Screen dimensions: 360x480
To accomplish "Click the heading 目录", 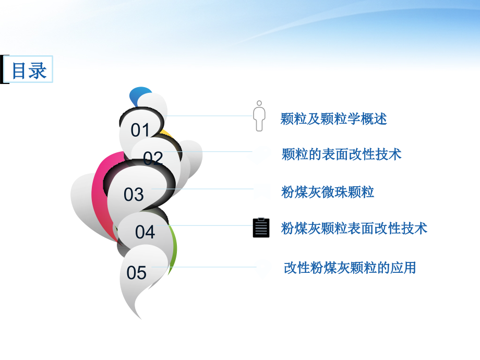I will (x=29, y=70).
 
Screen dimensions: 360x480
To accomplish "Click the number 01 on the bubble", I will (x=140, y=130).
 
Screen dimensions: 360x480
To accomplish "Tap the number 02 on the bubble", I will (x=153, y=158).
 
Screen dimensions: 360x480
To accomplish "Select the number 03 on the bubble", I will (x=134, y=195).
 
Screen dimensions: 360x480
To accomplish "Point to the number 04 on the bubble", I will (x=145, y=232).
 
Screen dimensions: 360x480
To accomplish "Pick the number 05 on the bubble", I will (x=137, y=272).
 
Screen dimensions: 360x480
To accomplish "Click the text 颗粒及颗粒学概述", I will (x=333, y=119).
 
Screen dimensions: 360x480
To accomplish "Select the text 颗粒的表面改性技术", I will (x=341, y=154).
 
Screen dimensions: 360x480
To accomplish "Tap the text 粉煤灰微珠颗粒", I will (x=328, y=193).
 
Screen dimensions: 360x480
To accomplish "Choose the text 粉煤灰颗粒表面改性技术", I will (x=354, y=228).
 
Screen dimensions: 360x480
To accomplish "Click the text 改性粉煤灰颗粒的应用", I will (x=350, y=268).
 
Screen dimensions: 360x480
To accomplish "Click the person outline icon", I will (x=259, y=116).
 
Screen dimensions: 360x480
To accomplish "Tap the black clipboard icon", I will (x=261, y=227).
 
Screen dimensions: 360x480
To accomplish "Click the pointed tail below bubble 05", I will (x=135, y=308).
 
